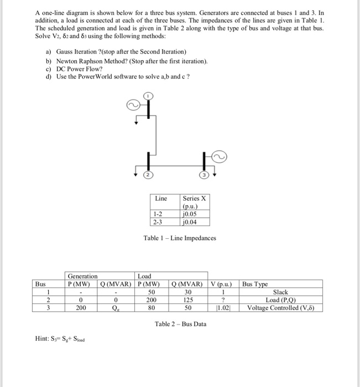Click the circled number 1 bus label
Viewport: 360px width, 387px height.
[x=148, y=95]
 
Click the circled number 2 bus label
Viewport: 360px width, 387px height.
[x=148, y=175]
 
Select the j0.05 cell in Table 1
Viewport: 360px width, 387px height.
[x=188, y=215]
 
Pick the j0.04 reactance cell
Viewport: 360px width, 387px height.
[x=188, y=222]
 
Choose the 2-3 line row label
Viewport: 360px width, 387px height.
[x=158, y=222]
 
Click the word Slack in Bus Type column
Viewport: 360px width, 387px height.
[x=281, y=292]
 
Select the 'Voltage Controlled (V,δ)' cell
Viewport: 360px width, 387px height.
[x=281, y=308]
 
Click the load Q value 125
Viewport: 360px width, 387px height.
[x=189, y=300]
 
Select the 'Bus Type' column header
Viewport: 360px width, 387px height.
[x=255, y=284]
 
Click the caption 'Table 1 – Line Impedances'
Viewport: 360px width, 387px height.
[x=180, y=238]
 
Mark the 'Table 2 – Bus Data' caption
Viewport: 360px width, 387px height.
[x=180, y=324]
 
